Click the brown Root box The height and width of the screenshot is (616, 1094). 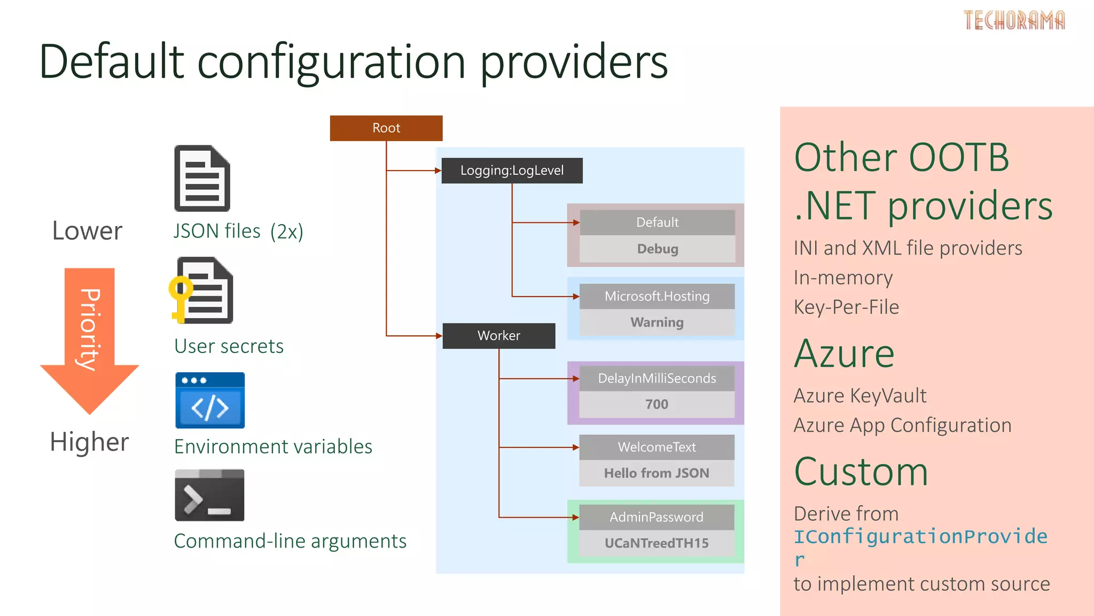pos(386,128)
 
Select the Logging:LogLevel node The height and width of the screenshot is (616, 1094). pos(512,171)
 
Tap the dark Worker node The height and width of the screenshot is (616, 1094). pos(498,336)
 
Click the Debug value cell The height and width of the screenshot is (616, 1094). pos(657,249)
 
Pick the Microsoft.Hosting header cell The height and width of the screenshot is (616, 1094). pos(657,296)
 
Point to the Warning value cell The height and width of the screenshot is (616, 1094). pos(657,322)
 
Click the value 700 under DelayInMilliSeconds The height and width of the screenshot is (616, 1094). pos(657,404)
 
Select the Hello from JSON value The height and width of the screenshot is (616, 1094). pos(657,473)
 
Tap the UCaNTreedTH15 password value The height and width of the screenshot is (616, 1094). pos(657,543)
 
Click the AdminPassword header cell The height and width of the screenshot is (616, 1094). pos(657,517)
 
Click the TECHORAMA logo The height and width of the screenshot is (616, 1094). pos(1014,20)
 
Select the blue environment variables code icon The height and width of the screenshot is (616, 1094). pos(210,401)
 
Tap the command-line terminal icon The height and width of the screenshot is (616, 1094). pos(209,495)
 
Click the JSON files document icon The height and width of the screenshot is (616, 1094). pos(202,179)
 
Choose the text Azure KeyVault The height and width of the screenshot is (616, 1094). pos(859,396)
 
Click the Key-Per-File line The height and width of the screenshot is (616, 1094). pos(846,307)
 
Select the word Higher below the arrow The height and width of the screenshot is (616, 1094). pos(89,442)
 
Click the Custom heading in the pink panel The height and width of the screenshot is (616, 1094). pos(861,472)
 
